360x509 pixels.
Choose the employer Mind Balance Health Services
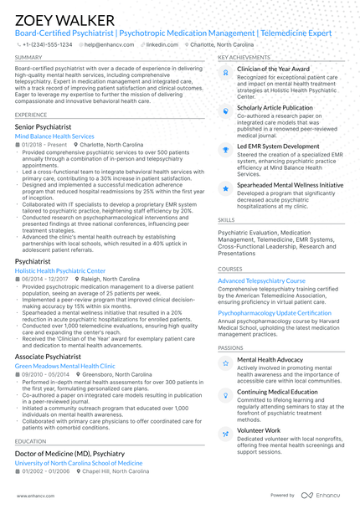point(54,135)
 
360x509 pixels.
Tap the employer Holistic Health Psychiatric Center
point(60,270)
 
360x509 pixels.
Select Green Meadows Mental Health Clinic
point(64,366)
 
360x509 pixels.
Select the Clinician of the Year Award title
point(273,69)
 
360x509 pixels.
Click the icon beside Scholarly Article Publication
point(225,110)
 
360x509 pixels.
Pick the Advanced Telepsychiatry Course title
point(261,280)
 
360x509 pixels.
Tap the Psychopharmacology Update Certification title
point(275,312)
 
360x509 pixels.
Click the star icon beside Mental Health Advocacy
point(225,362)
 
